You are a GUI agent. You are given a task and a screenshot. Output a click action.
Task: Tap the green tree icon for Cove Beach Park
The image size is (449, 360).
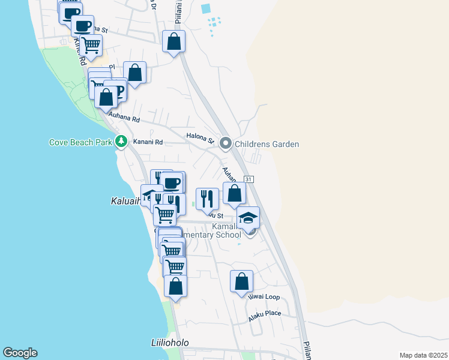click(x=122, y=142)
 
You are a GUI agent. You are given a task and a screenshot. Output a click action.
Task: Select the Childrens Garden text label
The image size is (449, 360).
click(x=267, y=144)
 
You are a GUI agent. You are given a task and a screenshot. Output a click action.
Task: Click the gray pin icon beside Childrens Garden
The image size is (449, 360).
click(x=226, y=143)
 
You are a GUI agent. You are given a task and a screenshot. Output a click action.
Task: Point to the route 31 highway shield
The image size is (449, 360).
click(x=249, y=179)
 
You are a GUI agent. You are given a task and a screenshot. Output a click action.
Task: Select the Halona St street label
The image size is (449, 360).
click(x=200, y=137)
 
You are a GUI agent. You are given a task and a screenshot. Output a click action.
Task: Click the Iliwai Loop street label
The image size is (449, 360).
click(x=264, y=297)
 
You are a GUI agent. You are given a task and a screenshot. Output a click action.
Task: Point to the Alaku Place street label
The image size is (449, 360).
click(x=265, y=313)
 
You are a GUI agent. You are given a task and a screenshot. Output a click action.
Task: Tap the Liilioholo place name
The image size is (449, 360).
click(x=170, y=343)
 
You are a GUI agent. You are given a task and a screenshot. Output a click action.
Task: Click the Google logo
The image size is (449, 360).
click(x=20, y=353)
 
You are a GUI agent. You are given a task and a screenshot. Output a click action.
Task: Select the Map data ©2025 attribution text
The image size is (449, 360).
click(x=423, y=355)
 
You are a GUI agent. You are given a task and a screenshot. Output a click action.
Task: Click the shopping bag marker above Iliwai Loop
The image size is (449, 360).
click(x=241, y=281)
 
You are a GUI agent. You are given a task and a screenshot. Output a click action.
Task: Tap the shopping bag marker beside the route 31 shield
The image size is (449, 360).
click(x=234, y=193)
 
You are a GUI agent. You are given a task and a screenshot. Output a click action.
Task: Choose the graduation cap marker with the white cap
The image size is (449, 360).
click(x=248, y=217)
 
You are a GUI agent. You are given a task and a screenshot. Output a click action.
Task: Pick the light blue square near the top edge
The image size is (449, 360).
click(x=206, y=9)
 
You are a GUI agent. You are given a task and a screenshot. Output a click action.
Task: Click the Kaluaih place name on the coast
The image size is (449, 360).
click(x=125, y=200)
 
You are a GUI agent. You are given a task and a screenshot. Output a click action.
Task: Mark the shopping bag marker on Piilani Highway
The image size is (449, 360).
click(x=173, y=41)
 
